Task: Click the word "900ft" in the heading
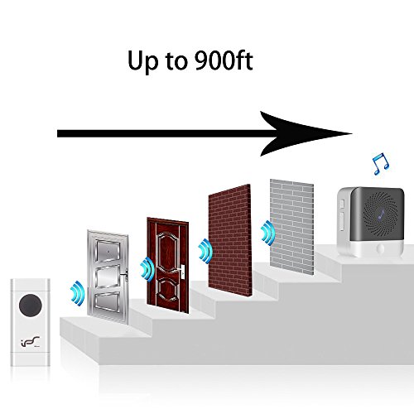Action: [x=224, y=60]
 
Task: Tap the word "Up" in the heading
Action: [x=143, y=63]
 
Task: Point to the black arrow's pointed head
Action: [x=352, y=133]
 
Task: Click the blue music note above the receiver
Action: [x=381, y=164]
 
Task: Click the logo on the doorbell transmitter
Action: [x=31, y=341]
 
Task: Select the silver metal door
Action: [x=108, y=277]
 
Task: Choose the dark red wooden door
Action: [x=168, y=265]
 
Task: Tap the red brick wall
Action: [x=230, y=240]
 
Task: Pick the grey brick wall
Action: [x=292, y=227]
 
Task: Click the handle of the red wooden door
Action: [x=182, y=270]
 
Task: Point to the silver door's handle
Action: [x=124, y=275]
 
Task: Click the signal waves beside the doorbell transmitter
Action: [x=77, y=293]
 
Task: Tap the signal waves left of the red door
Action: [x=147, y=270]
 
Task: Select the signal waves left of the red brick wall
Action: [x=205, y=251]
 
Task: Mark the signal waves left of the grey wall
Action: [x=267, y=233]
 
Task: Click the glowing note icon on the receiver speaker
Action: [x=383, y=214]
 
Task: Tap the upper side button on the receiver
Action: [x=342, y=205]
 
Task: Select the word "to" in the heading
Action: [x=176, y=61]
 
